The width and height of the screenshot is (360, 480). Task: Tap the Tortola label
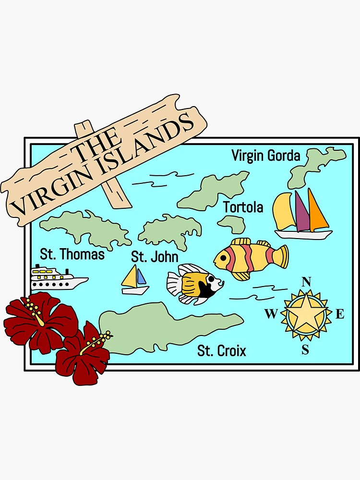coord(243,207)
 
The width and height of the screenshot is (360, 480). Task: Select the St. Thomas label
coord(72,254)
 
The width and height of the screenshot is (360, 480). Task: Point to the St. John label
coord(155,257)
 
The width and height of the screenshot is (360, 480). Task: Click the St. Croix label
coord(222,351)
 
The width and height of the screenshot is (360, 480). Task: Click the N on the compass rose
coord(306,282)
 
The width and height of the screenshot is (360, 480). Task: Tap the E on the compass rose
coord(340,314)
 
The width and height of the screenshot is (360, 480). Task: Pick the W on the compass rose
coord(271,314)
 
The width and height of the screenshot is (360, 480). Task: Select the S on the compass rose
coord(305,350)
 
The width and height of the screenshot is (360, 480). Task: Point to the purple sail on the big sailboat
coord(302,212)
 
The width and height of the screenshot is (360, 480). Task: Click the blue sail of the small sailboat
coord(141,276)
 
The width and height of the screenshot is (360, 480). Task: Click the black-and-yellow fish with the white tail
coord(194,283)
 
